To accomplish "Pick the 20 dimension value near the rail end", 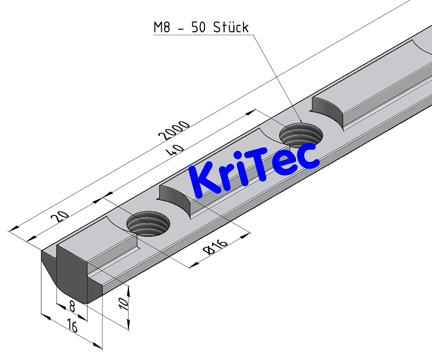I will (59, 217).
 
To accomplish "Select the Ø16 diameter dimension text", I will (217, 247).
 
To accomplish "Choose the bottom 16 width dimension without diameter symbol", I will (72, 327).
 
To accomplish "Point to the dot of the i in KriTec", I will (249, 161).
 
